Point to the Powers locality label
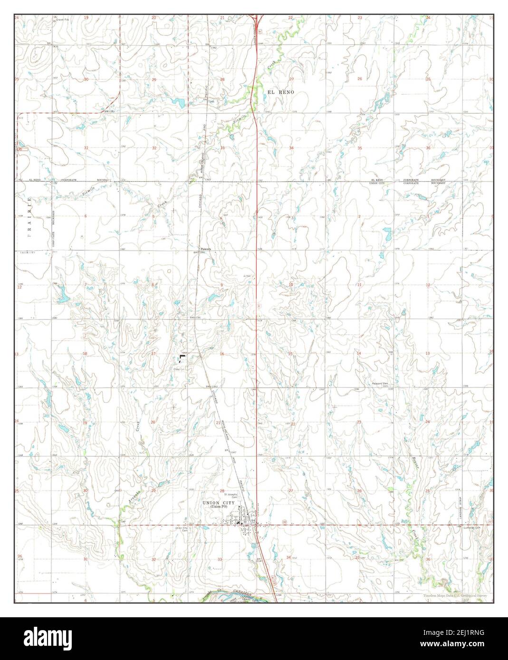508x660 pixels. coord(205,248)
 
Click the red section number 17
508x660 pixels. coord(153,354)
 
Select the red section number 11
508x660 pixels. coord(360,285)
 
